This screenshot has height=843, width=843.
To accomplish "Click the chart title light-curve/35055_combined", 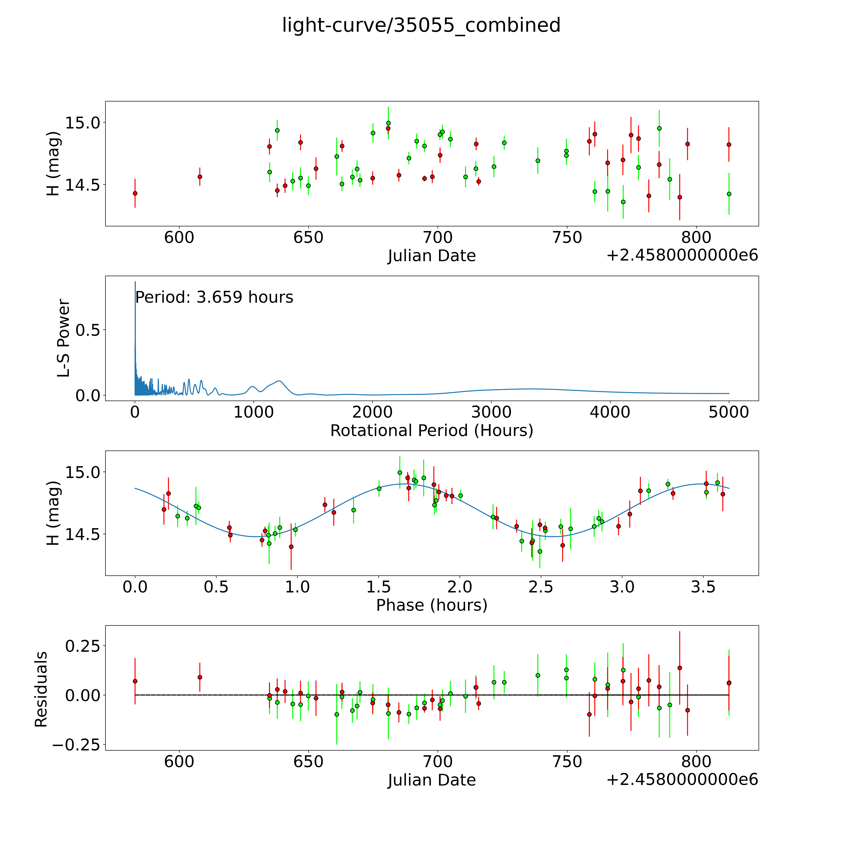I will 421,25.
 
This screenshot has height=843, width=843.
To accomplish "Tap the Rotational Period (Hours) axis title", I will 431,431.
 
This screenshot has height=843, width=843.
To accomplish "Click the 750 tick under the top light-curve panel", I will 566,238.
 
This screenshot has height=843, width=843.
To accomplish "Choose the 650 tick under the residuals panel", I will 308,762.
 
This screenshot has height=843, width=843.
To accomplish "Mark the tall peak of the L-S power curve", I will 135,283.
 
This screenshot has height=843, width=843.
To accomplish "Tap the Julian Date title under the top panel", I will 431,256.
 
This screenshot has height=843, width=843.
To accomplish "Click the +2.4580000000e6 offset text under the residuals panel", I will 682,779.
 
